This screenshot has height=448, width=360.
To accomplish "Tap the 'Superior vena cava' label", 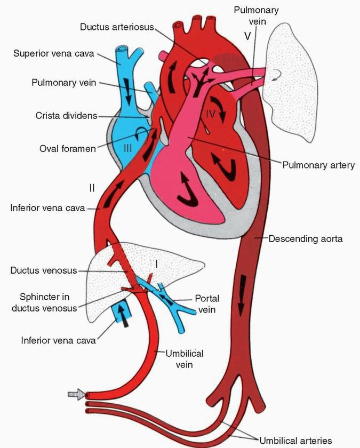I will coord(51,54).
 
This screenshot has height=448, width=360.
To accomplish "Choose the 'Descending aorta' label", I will coord(306,239).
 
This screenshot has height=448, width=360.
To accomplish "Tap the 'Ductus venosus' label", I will coord(44,270).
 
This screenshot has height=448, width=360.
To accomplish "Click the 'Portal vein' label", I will coord(206,303).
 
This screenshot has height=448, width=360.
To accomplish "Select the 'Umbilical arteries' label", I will coord(295,441).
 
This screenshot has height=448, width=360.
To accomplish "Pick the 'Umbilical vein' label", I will coord(185,359).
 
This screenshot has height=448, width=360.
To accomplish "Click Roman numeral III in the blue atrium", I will coord(127,148).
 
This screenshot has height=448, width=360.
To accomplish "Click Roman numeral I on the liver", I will coord(156,263).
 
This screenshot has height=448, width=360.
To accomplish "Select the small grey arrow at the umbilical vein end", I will coord(76,395).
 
